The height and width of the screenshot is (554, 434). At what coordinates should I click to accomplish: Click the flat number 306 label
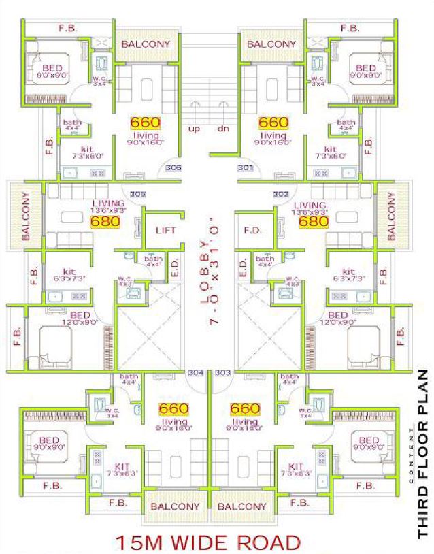click(173, 168)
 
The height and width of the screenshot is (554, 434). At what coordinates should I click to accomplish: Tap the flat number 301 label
click(245, 168)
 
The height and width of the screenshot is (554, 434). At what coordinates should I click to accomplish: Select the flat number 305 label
click(138, 195)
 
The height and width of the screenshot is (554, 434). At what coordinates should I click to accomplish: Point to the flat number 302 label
click(280, 195)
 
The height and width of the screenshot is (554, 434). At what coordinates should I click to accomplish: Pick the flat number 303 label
click(222, 373)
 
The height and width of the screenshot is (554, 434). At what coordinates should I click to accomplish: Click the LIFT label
click(166, 230)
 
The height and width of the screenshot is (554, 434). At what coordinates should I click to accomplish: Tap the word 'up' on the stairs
click(194, 128)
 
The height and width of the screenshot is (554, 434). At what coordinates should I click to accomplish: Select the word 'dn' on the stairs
click(222, 128)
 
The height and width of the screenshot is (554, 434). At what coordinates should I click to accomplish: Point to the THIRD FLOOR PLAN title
click(422, 455)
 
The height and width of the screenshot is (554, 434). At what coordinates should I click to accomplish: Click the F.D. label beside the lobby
click(252, 230)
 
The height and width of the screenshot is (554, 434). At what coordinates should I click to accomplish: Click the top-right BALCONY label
click(271, 44)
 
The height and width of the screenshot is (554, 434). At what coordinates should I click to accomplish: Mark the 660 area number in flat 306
click(146, 123)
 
